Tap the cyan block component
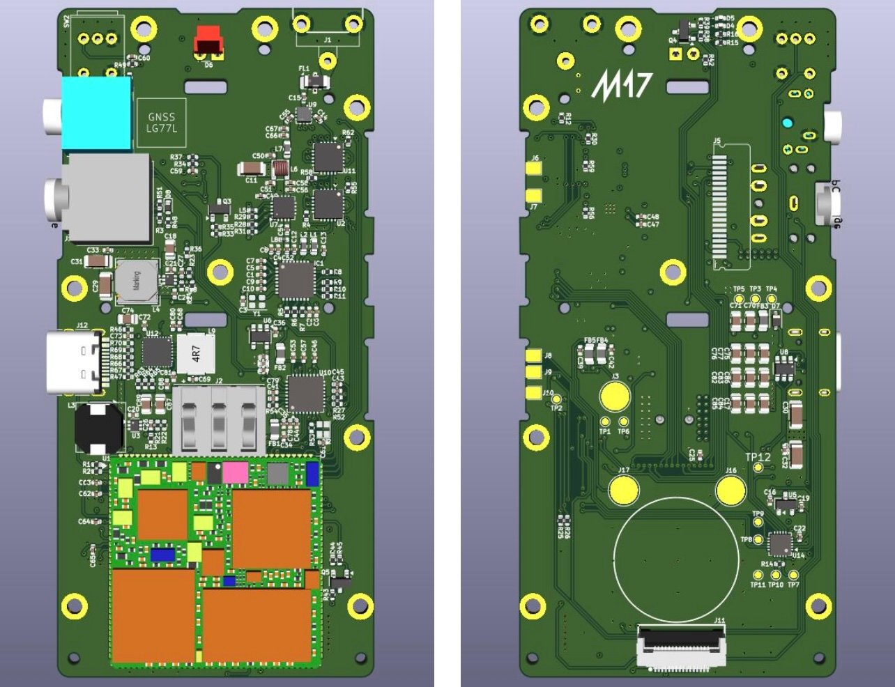(x=96, y=113)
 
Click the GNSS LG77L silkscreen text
(x=162, y=123)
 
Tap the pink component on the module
(x=236, y=473)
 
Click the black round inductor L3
(x=98, y=426)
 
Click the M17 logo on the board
(x=622, y=85)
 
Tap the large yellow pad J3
(x=615, y=396)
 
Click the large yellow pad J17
(x=624, y=490)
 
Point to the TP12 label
(x=758, y=457)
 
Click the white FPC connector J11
(x=681, y=647)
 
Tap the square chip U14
(x=779, y=544)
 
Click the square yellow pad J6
(x=534, y=169)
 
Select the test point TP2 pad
(x=556, y=399)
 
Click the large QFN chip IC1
(x=296, y=281)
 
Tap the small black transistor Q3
(x=219, y=208)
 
